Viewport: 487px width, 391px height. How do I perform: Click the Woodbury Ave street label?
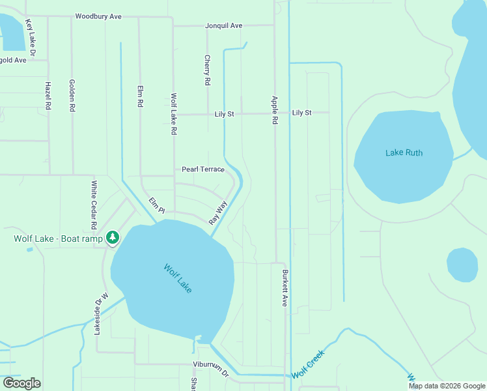pos(98,16)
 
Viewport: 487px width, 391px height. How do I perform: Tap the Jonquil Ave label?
pos(223,26)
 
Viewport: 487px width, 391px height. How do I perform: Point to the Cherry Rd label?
pos(207,70)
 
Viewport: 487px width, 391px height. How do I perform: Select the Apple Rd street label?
pos(275,110)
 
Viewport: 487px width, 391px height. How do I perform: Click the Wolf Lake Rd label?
pos(174,114)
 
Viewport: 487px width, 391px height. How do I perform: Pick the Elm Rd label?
pos(140,96)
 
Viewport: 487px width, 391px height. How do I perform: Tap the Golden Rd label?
pos(72,95)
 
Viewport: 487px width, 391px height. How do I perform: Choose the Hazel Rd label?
pos(48,95)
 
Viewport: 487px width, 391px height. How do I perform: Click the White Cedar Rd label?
pos(94,205)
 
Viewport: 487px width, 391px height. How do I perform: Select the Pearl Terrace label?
pos(202,169)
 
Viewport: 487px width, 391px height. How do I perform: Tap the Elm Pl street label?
pos(157,205)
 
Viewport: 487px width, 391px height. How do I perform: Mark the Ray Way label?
pos(218,213)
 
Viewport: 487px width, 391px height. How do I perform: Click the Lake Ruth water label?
pos(404,153)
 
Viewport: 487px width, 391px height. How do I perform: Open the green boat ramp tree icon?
pos(113,237)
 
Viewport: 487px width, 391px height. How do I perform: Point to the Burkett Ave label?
pos(285,288)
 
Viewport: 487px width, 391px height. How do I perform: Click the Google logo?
pos(21,383)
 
